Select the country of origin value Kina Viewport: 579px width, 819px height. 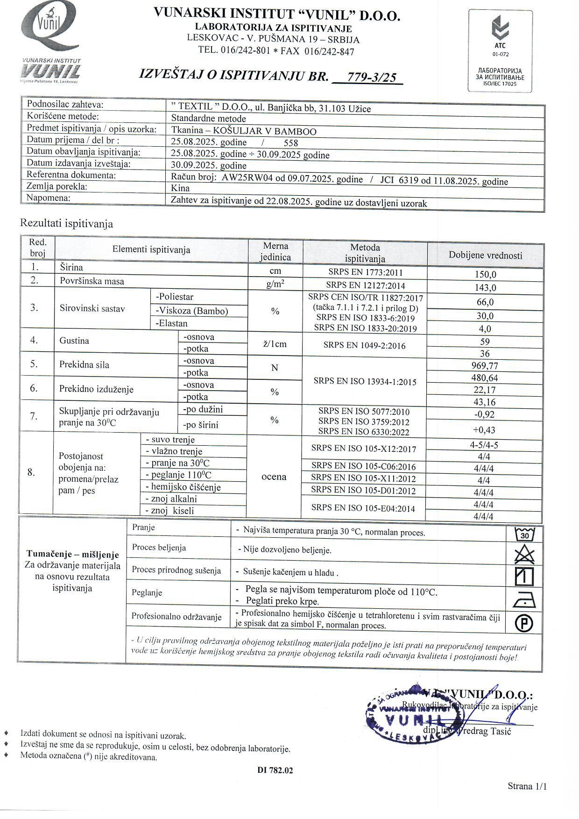180,188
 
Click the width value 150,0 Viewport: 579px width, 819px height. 485,274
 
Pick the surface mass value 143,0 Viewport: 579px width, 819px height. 485,287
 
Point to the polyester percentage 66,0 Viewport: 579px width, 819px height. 485,302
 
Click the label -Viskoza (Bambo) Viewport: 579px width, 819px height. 192,311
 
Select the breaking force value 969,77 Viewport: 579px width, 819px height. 485,365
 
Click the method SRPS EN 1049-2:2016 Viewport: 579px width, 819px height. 364,346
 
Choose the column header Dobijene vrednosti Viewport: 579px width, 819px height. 485,255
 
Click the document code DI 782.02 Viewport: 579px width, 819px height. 275,770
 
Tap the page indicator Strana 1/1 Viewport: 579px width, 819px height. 527,786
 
